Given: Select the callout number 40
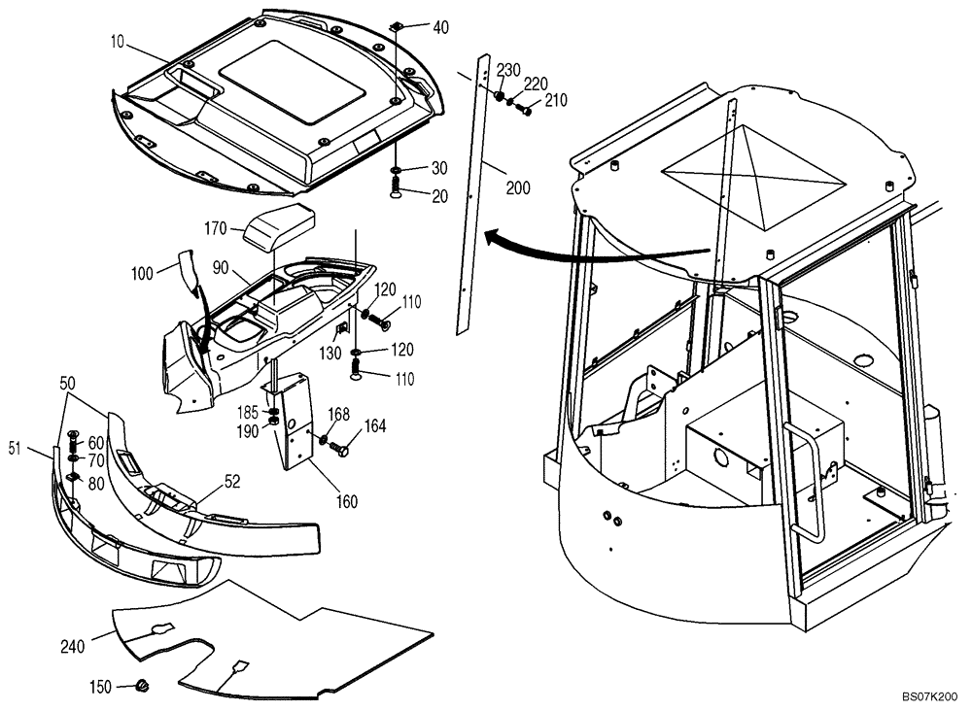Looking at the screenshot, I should point(440,27).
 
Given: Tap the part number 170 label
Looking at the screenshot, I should point(215,229).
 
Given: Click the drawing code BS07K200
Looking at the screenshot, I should point(929,697).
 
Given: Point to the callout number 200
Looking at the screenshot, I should point(518,188).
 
